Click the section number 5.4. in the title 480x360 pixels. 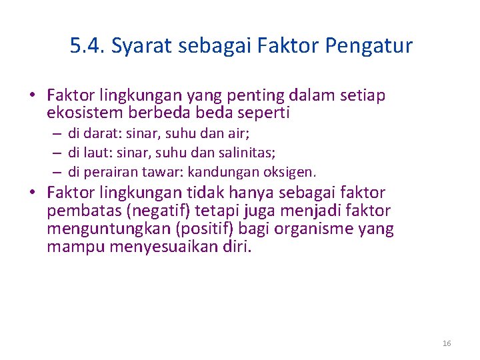coord(87,46)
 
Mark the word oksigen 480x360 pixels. coord(291,172)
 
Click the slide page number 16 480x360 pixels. coord(447,343)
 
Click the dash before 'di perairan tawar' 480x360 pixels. coord(58,172)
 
